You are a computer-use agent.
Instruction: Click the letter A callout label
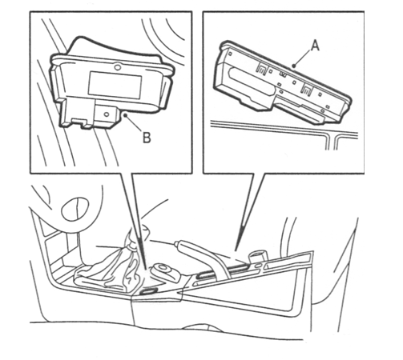pos(316,46)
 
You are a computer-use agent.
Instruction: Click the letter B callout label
pos(147,138)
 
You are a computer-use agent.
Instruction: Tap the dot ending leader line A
pos(294,66)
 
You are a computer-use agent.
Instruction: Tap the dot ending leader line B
pos(125,115)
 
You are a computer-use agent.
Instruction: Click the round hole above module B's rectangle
pos(116,66)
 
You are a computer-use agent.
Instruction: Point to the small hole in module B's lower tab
pos(107,114)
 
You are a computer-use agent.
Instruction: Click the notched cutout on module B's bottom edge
pos(80,122)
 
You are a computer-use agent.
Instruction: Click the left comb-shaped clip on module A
pos(261,68)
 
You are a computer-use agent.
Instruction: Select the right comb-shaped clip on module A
pos(306,90)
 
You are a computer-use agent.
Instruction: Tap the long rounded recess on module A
pos(250,78)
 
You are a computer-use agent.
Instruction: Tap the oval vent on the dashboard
pos(75,209)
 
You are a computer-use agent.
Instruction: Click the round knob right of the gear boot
pos(165,271)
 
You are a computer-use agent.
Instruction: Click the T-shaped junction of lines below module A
pos(331,137)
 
